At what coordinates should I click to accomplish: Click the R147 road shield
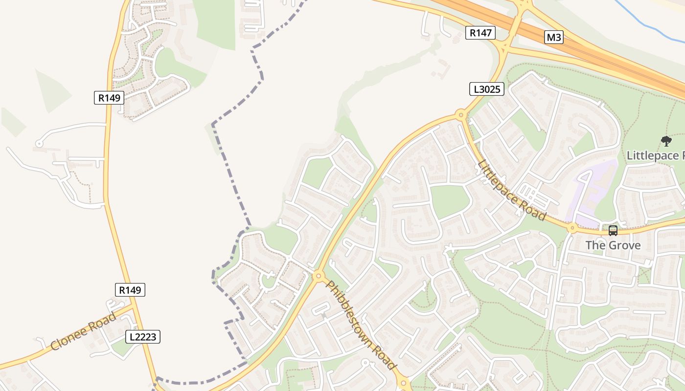coord(480,33)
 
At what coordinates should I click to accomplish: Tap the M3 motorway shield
coord(553,37)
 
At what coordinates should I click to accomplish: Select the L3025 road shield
coord(486,89)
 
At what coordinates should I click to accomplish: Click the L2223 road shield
coord(143,336)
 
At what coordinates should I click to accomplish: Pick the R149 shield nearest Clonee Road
coord(130,290)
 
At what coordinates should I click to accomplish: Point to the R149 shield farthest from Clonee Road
coord(109,97)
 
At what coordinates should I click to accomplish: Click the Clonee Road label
coord(84,331)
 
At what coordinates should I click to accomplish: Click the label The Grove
coord(613,245)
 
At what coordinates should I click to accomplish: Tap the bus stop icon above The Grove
coord(613,230)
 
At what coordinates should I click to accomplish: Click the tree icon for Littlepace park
coord(666,141)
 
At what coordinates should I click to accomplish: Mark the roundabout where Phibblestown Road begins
coord(319,276)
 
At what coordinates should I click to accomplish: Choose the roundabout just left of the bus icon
coord(572,227)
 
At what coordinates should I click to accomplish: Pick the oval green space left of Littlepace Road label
coord(449,200)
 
